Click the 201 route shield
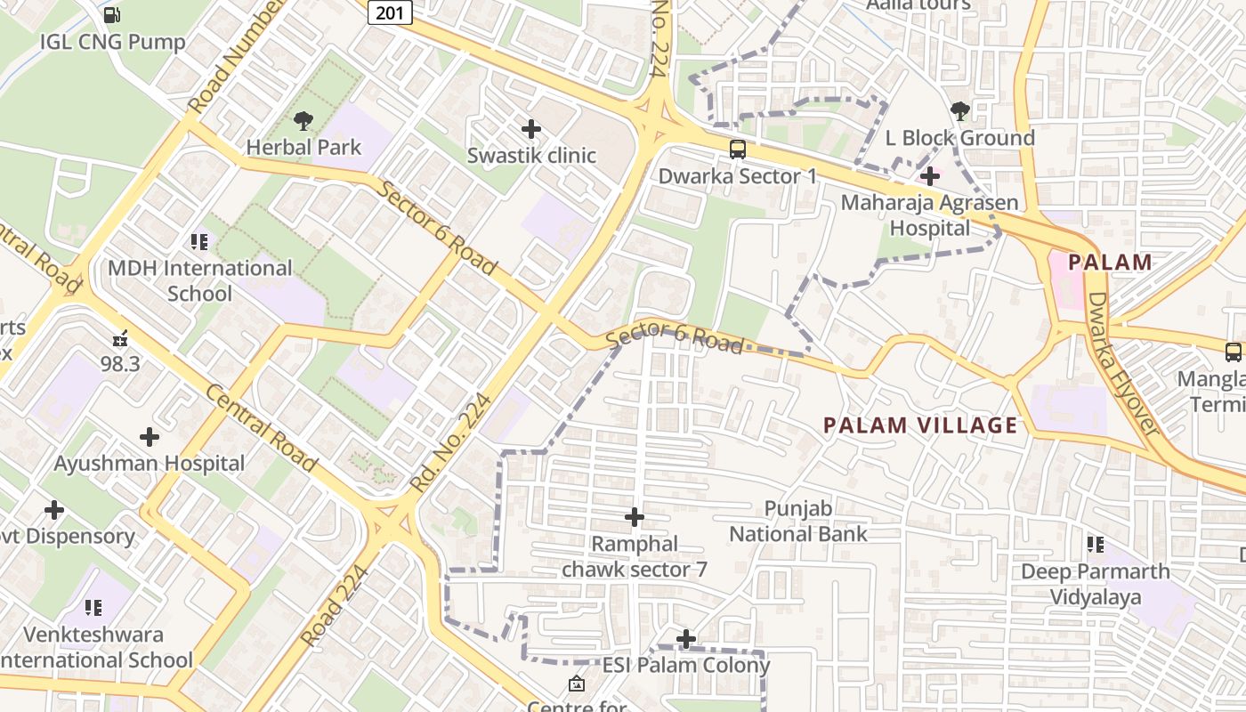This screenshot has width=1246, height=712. click(x=390, y=12)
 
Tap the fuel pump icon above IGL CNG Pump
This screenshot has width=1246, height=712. click(x=112, y=14)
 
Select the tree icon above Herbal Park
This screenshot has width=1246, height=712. click(x=303, y=120)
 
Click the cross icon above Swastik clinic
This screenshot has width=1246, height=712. click(x=531, y=129)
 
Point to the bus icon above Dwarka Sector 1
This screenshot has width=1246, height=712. click(x=737, y=150)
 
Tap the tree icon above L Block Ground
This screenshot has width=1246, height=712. click(x=959, y=111)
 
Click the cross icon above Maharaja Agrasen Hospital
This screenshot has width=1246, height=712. click(x=930, y=175)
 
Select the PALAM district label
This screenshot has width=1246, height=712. click(x=1110, y=263)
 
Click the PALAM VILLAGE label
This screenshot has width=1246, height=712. click(x=920, y=425)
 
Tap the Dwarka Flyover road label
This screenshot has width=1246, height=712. click(x=1123, y=365)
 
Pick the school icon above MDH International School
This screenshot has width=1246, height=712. click(x=199, y=241)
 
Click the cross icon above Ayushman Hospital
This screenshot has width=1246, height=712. click(x=149, y=437)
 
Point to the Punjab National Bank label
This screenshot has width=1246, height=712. click(x=798, y=522)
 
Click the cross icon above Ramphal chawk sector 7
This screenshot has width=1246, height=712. click(x=635, y=517)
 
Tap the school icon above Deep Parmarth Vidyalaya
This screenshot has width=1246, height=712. click(x=1095, y=544)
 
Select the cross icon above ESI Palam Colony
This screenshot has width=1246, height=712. click(x=686, y=639)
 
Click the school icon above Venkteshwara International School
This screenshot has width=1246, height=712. click(x=93, y=608)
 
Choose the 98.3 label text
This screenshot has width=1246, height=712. click(x=120, y=364)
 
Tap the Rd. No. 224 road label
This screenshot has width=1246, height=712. click(x=451, y=442)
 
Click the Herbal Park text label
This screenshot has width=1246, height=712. click(x=303, y=147)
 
